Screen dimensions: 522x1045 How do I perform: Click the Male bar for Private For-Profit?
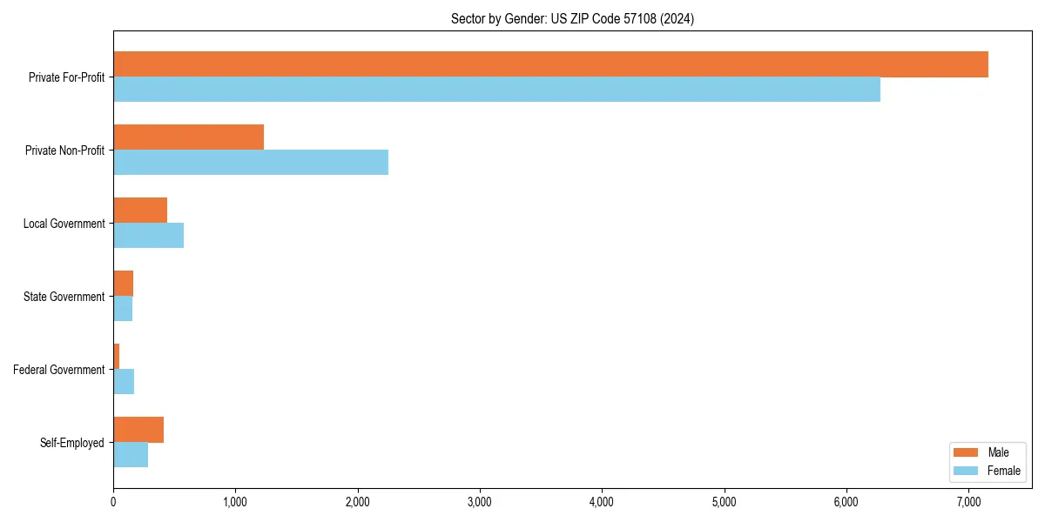pyautogui.click(x=550, y=64)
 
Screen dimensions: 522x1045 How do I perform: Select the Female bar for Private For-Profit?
pyautogui.click(x=496, y=90)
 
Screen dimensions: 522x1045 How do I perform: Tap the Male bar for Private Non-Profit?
pyautogui.click(x=188, y=137)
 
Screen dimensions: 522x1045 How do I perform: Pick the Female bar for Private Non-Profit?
pyautogui.click(x=251, y=163)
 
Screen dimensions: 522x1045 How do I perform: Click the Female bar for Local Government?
pyautogui.click(x=148, y=236)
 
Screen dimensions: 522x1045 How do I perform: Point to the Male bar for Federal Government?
pyautogui.click(x=117, y=357)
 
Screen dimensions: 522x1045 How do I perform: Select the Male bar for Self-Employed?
pyautogui.click(x=138, y=430)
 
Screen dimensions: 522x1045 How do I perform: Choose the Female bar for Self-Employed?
pyautogui.click(x=131, y=455)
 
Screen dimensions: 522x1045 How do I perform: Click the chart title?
pyautogui.click(x=572, y=18)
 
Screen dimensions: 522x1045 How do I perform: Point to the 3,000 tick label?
pyautogui.click(x=480, y=502)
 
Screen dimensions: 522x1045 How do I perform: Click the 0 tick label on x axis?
pyautogui.click(x=113, y=502)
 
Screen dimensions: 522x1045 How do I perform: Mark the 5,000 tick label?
pyautogui.click(x=725, y=502)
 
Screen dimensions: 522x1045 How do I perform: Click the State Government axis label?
pyautogui.click(x=64, y=297)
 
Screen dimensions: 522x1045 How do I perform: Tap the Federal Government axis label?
pyautogui.click(x=58, y=370)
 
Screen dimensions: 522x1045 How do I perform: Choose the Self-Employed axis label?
pyautogui.click(x=71, y=443)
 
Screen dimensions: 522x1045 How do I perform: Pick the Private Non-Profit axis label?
pyautogui.click(x=64, y=151)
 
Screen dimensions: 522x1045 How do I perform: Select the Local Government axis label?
pyautogui.click(x=64, y=224)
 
